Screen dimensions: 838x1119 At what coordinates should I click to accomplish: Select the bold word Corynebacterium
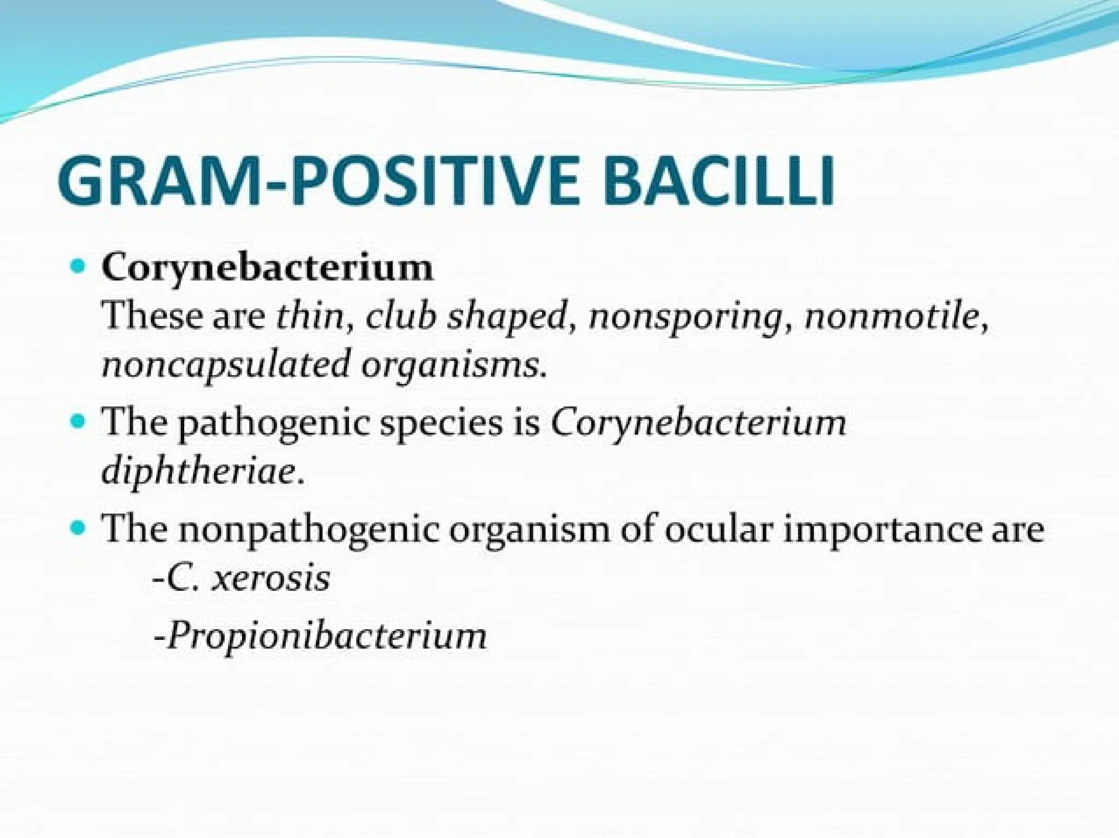click(x=267, y=268)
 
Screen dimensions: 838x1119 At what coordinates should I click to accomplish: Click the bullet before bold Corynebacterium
click(x=79, y=268)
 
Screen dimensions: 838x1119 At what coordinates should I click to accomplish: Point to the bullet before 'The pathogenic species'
click(x=79, y=422)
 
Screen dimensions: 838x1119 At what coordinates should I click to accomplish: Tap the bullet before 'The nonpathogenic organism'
click(x=79, y=528)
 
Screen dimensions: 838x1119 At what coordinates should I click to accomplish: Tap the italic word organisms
click(x=451, y=365)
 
